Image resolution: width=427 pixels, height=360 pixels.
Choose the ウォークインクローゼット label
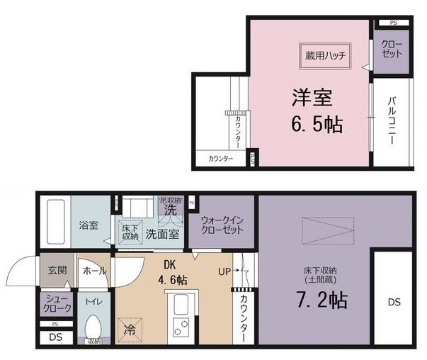pyautogui.click(x=222, y=225)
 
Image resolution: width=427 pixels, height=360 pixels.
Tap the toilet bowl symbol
pyautogui.click(x=92, y=327)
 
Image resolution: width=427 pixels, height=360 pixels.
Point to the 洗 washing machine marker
pyautogui.click(x=170, y=210)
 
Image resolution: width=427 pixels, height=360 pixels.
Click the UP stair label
pyautogui.click(x=224, y=270)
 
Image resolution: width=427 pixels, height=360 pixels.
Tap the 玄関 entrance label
pyautogui.click(x=57, y=270)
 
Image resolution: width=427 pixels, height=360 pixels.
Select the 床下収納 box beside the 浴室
pyautogui.click(x=130, y=232)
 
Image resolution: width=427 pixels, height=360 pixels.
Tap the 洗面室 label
pyautogui.click(x=162, y=233)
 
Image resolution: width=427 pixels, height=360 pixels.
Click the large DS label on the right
pyautogui.click(x=394, y=302)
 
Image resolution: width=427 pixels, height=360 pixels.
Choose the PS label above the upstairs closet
pyautogui.click(x=392, y=23)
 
